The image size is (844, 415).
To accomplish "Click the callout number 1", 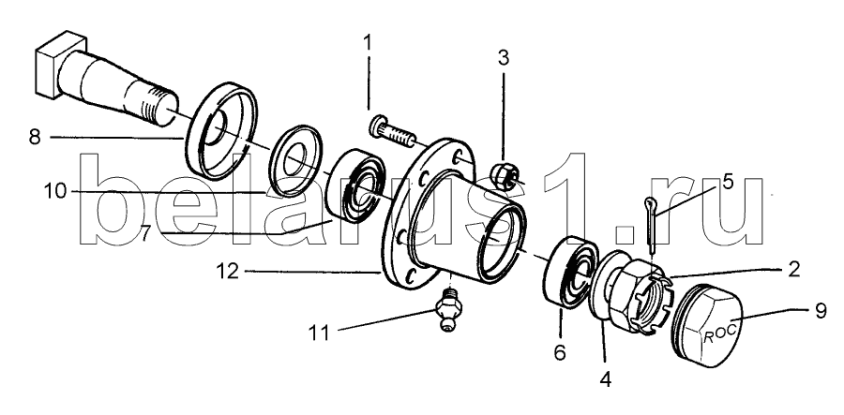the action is (369, 43).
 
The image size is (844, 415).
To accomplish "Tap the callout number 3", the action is (503, 58).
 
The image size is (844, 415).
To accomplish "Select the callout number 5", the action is (728, 182).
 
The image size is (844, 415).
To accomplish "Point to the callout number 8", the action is (35, 137).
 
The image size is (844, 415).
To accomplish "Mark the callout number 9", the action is (820, 311).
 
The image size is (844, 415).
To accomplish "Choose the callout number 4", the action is (605, 379).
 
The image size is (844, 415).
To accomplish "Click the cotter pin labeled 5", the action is (652, 226).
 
